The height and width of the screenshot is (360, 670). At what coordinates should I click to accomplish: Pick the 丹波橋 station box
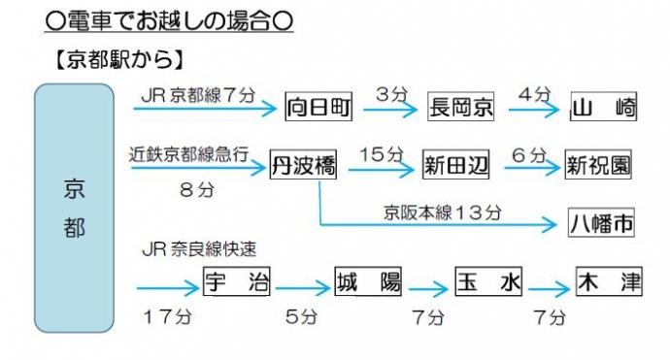(303, 166)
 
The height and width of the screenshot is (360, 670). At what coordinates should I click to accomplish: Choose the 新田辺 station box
(456, 166)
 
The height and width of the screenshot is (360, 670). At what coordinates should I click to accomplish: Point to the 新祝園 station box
(599, 166)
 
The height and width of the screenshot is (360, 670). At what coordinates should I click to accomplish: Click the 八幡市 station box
(601, 224)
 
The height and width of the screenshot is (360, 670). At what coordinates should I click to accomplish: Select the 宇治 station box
(237, 282)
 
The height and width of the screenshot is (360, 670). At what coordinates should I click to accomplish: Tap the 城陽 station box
(368, 282)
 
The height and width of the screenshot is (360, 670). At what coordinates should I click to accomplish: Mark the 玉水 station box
(489, 283)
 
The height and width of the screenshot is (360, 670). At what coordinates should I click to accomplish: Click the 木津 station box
(609, 282)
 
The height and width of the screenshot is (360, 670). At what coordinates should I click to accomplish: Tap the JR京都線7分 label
(197, 96)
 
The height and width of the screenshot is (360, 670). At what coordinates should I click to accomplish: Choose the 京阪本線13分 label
(443, 213)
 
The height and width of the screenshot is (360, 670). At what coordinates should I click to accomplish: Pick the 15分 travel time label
(380, 154)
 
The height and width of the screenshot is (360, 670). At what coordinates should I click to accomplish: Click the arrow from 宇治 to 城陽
(303, 289)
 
